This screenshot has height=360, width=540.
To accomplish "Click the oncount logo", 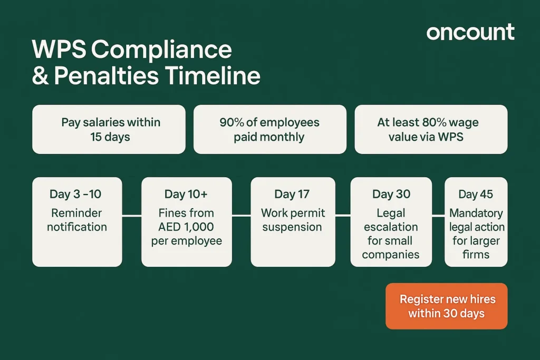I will (x=470, y=32).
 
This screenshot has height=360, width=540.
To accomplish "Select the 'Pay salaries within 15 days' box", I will (x=109, y=129).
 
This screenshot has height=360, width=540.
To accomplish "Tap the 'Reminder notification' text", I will (x=77, y=220).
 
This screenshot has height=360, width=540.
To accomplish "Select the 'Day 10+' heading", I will (x=186, y=194).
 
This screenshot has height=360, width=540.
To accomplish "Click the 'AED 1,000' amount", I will (x=186, y=227).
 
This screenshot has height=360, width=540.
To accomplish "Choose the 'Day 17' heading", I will (x=292, y=194).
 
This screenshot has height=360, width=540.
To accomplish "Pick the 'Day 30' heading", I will (x=391, y=194).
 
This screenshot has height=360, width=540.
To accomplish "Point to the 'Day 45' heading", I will (x=475, y=194).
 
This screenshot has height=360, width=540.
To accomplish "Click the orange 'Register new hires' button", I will (x=446, y=306).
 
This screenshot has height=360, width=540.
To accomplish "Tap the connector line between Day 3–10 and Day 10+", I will (x=132, y=215).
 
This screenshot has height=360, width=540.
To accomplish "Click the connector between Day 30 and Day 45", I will (x=438, y=215).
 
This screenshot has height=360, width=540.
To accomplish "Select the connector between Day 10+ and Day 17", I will (x=241, y=215).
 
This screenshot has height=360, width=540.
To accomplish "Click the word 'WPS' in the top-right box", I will (x=448, y=137).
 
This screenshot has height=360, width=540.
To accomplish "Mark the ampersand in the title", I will (x=40, y=76).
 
